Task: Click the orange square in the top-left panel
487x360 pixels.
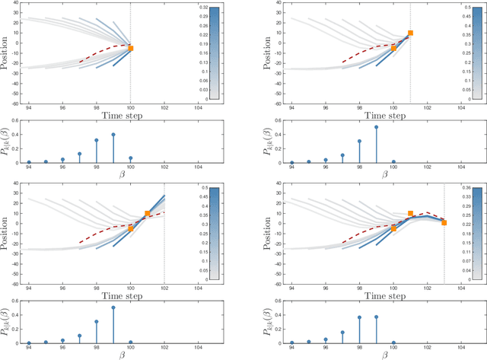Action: [x=131, y=48]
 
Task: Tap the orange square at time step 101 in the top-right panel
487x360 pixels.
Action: [x=410, y=33]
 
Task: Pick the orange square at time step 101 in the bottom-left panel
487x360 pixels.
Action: [x=148, y=215]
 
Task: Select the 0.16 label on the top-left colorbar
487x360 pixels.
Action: [x=199, y=53]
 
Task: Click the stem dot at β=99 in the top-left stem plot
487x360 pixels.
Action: [x=113, y=135]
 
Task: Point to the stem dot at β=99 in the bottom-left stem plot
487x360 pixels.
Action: [x=113, y=307]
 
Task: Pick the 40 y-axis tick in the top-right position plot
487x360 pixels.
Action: [x=281, y=3]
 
